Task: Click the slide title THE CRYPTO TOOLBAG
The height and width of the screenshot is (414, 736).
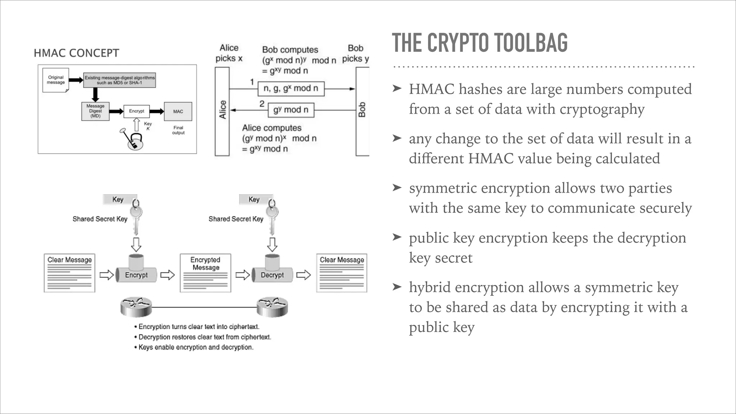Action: click(x=480, y=43)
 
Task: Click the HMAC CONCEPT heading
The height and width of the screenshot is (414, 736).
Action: click(x=76, y=53)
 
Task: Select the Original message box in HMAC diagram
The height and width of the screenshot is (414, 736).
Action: click(x=56, y=80)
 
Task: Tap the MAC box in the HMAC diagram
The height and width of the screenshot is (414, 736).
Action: click(x=178, y=111)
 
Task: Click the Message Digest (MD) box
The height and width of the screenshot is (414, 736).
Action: click(x=95, y=111)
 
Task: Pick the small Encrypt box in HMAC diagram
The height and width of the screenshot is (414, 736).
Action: click(x=136, y=111)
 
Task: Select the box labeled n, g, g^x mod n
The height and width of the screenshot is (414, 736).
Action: click(x=291, y=88)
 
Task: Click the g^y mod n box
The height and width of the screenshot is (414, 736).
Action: click(x=291, y=110)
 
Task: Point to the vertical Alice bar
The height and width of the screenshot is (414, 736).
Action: click(x=222, y=111)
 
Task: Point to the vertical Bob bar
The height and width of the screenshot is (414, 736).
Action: click(x=362, y=111)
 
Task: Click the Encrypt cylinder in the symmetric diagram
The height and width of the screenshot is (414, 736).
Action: click(x=136, y=275)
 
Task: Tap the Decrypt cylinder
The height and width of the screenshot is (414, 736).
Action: click(x=272, y=275)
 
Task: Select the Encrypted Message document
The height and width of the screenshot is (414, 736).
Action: click(x=205, y=273)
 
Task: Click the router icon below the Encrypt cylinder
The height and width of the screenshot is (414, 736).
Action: click(x=136, y=308)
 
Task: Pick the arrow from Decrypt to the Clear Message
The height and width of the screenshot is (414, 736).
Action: click(x=303, y=275)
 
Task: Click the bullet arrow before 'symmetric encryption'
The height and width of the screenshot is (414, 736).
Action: click(x=397, y=187)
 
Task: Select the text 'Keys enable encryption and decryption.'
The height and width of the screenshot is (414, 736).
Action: click(x=196, y=347)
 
